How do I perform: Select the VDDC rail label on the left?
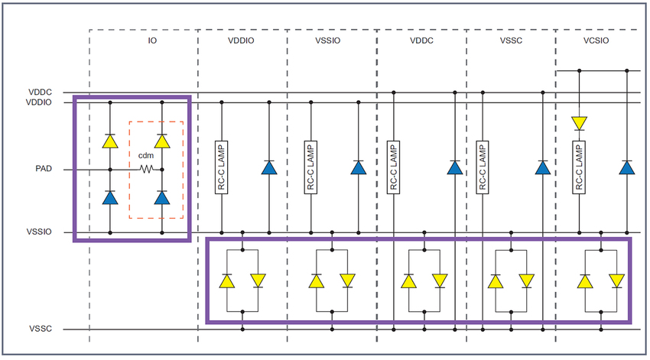pos(39,92)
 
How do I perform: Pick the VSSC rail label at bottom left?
pos(39,329)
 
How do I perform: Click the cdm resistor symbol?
pos(145,169)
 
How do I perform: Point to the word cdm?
pos(145,156)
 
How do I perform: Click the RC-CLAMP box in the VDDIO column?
pos(222,167)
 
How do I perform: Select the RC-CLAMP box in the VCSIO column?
pos(580,167)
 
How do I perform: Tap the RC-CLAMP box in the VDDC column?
pos(393,167)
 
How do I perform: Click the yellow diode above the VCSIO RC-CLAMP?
pos(580,122)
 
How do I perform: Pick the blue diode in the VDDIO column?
pos(268,167)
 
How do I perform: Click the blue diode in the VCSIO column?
pos(627,167)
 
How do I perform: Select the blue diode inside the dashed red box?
pos(161,197)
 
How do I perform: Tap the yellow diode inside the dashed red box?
pos(161,141)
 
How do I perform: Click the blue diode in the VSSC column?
pos(543,167)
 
